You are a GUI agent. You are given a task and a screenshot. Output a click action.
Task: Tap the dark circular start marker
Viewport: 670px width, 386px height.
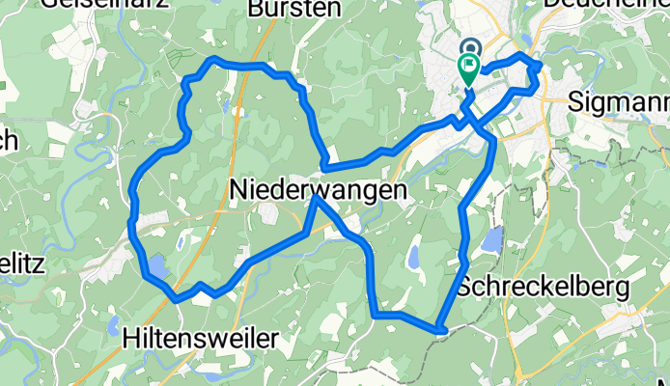click(471, 48)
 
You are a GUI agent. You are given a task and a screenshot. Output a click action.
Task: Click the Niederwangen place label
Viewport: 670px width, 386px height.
click(319, 191)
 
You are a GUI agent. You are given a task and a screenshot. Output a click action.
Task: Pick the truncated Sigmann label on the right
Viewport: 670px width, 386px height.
click(618, 100)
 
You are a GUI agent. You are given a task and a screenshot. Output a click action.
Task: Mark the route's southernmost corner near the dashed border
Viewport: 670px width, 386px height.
click(440, 330)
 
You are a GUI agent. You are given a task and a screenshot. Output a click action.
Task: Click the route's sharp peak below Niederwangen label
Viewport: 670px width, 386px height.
click(315, 200)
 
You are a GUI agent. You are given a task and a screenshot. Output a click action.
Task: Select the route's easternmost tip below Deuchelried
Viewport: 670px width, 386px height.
click(539, 66)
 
